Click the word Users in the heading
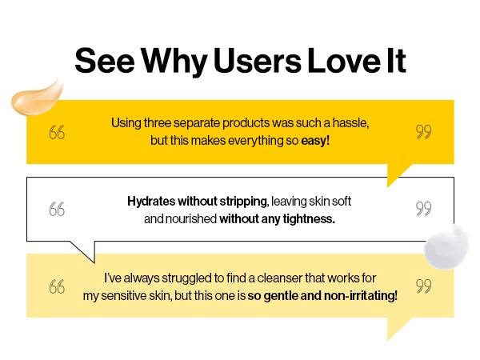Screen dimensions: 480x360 click(258, 61)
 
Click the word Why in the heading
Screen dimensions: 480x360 click(174, 62)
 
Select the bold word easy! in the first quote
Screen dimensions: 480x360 click(315, 141)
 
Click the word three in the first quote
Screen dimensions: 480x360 click(158, 122)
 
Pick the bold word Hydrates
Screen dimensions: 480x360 click(151, 202)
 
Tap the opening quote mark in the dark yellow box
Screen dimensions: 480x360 click(57, 132)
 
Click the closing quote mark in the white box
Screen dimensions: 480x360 click(424, 209)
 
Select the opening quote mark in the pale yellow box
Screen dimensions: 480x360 click(57, 287)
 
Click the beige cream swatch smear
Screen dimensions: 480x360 click(37, 98)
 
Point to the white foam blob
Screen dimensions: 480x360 click(446, 246)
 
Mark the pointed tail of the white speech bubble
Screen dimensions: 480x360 click(94, 262)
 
